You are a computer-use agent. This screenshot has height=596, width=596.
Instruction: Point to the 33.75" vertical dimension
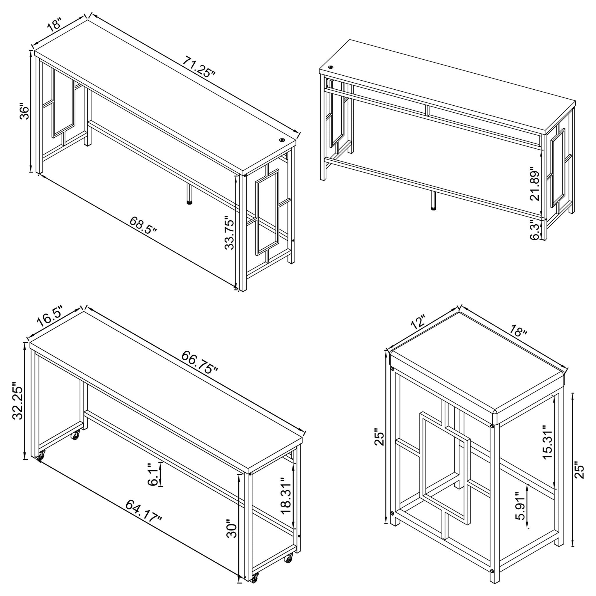coord(230,233)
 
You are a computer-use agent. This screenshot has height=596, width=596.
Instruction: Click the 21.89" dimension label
coord(535,184)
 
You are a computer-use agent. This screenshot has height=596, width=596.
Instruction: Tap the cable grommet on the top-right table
coord(331,67)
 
